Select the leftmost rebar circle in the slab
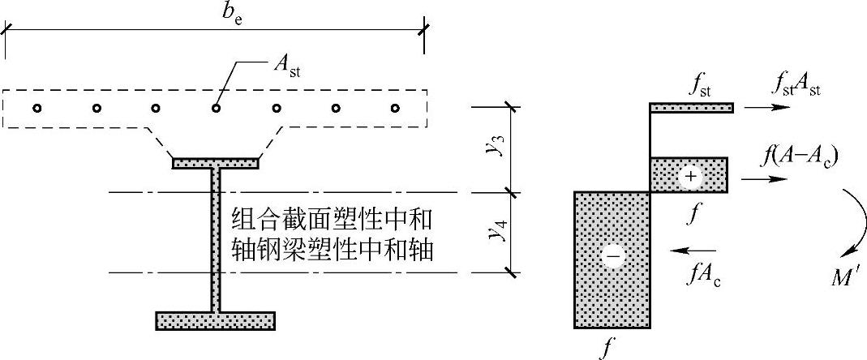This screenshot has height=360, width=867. pos(36,108)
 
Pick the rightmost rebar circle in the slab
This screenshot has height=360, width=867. pos(396,108)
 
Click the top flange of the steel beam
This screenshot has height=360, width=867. pos(216,163)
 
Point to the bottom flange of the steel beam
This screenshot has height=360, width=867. pos(215,321)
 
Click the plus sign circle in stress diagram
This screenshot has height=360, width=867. pos(690,175)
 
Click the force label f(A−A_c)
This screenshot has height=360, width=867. pos(799,154)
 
